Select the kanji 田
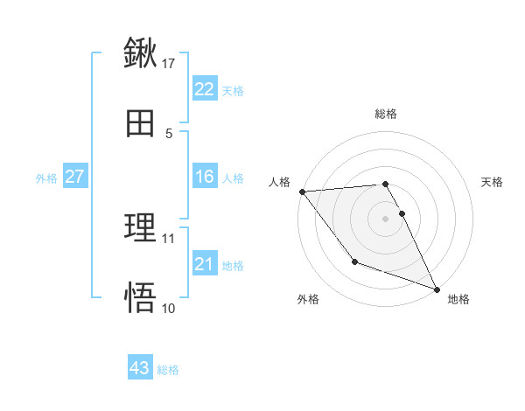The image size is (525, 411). tap(140, 124)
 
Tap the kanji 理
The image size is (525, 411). tap(140, 228)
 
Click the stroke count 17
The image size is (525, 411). tap(169, 64)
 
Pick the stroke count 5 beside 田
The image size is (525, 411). tap(169, 134)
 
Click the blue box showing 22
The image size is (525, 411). tap(204, 89)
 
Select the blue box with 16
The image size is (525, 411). tap(204, 177)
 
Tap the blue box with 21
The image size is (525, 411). tap(204, 264)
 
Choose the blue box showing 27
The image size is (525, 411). tap(74, 177)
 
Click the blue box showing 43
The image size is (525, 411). tap(139, 368)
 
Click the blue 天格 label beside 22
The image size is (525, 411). tap(233, 90)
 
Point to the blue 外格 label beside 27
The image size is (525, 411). tap(46, 178)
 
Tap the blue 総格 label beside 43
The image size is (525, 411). tap(168, 369)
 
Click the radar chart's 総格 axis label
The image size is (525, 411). tap(386, 114)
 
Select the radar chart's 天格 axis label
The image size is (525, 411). tap(493, 182)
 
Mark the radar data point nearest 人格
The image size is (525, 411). tap(302, 192)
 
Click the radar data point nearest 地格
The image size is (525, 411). tap(437, 289)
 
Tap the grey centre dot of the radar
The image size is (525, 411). tap(386, 219)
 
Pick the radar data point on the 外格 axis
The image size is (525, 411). tap(355, 261)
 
